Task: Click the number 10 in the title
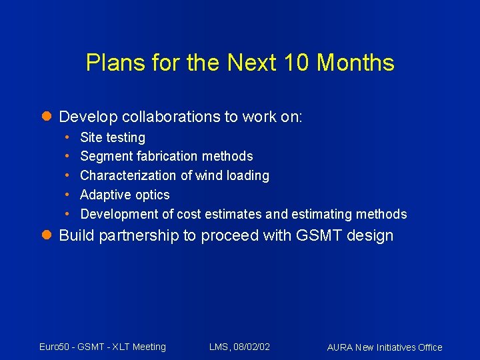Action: click(x=297, y=63)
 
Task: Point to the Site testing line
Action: click(x=112, y=137)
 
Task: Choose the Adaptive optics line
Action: click(x=125, y=195)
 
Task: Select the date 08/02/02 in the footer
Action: click(x=251, y=347)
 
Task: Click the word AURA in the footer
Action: click(x=340, y=347)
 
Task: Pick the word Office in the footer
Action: click(x=428, y=347)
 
